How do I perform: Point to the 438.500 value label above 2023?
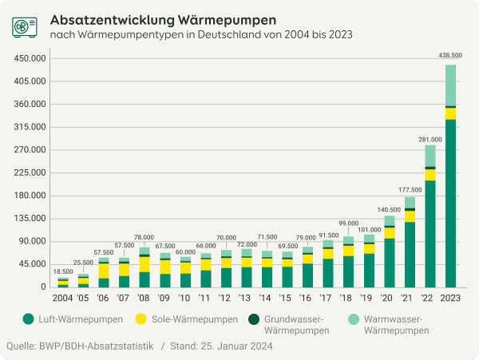[450, 55]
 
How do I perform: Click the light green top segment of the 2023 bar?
[450, 85]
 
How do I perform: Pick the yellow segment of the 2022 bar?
[430, 175]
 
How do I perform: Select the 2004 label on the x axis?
[62, 298]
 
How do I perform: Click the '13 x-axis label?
[246, 298]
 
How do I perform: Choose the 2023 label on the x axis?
[450, 298]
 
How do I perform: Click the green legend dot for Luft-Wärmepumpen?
[28, 319]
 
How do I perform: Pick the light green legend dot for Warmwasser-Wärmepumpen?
[352, 319]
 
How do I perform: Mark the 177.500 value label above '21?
[410, 189]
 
